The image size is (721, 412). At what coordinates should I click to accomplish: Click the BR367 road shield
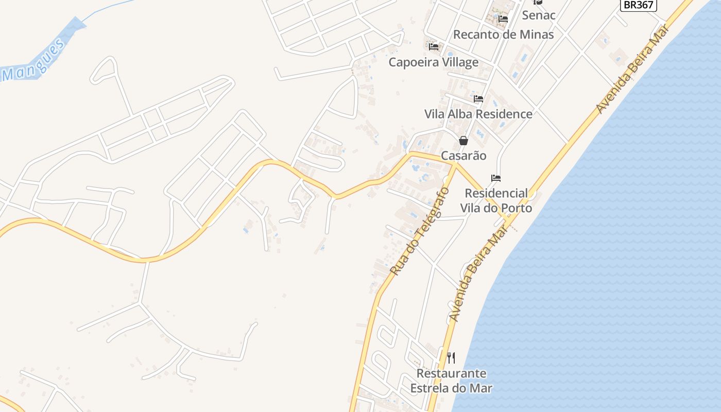coord(638,5)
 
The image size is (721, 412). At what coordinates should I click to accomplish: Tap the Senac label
coord(539,15)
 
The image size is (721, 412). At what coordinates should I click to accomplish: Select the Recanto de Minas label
coord(503,35)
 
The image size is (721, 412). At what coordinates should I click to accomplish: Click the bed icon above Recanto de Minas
coord(503,19)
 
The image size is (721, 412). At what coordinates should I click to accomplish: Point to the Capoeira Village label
coord(433,62)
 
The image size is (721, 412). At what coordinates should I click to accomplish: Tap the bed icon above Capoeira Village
coord(434,47)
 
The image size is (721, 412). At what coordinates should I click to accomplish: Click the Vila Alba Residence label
coord(478,114)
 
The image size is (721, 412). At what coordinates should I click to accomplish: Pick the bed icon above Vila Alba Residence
coord(478,98)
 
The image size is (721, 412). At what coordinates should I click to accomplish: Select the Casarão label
coord(463,156)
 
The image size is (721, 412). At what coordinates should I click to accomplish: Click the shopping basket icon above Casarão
coord(463,140)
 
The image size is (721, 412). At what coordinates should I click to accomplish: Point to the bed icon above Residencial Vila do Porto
coord(496,178)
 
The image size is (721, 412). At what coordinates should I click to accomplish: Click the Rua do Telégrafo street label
coord(419,231)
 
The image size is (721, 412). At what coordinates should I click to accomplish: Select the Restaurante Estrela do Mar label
coord(451,381)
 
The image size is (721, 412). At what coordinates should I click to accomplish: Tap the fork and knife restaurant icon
coord(451,357)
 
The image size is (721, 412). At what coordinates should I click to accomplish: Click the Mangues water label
coord(35,60)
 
